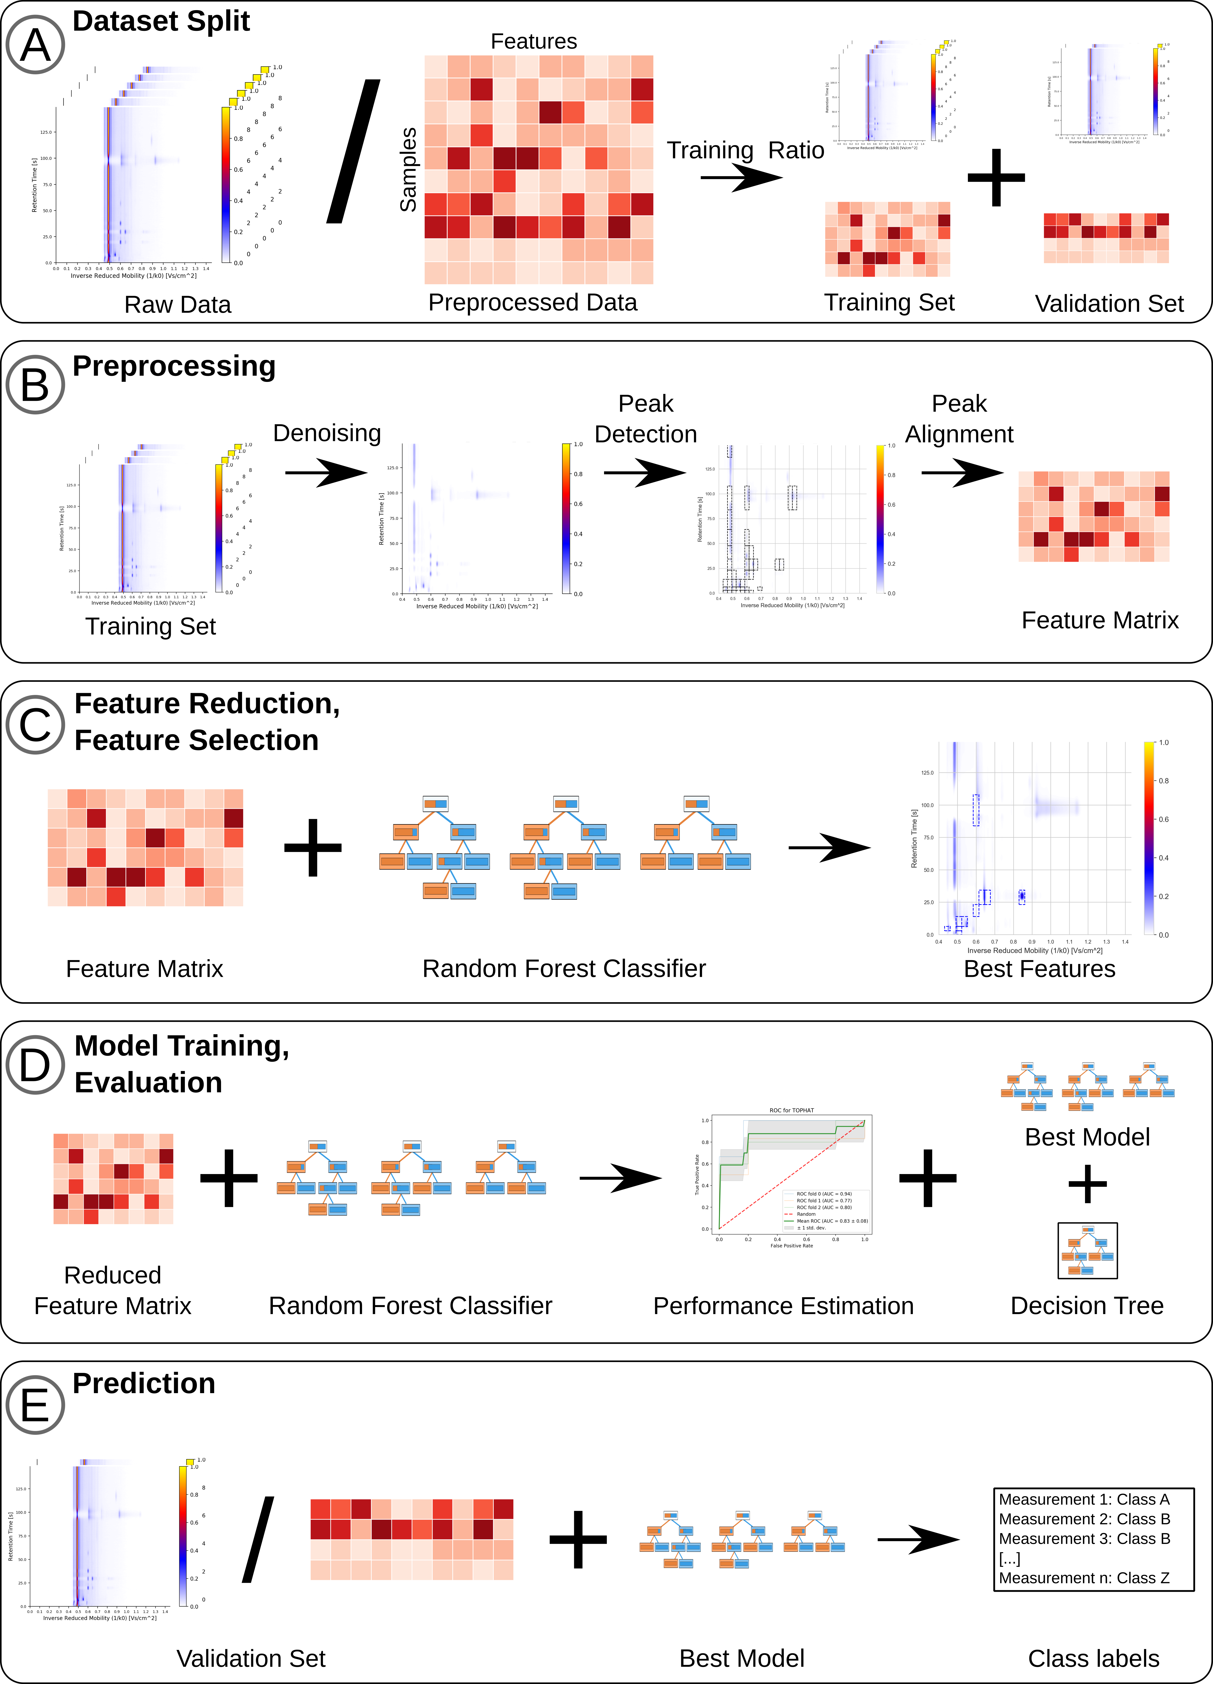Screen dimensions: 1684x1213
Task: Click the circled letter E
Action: pyautogui.click(x=35, y=1406)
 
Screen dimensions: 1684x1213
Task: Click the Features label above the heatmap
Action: pyautogui.click(x=534, y=42)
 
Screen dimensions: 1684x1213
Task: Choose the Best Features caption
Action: pyautogui.click(x=1039, y=969)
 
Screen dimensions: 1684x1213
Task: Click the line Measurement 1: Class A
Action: pyautogui.click(x=1084, y=1499)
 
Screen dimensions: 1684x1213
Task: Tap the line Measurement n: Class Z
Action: pyautogui.click(x=1084, y=1578)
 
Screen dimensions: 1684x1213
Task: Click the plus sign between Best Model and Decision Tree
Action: pyautogui.click(x=1087, y=1183)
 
